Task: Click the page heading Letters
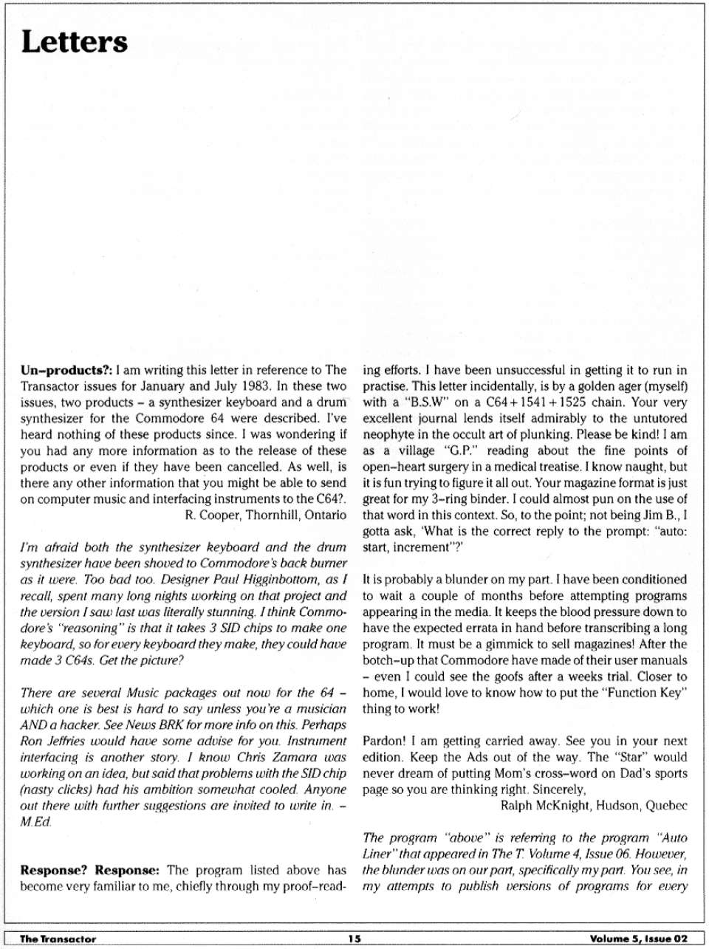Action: [74, 42]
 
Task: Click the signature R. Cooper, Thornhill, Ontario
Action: [265, 515]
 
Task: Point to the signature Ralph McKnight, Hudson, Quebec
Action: [594, 806]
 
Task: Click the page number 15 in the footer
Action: [354, 939]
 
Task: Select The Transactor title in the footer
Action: [58, 939]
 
